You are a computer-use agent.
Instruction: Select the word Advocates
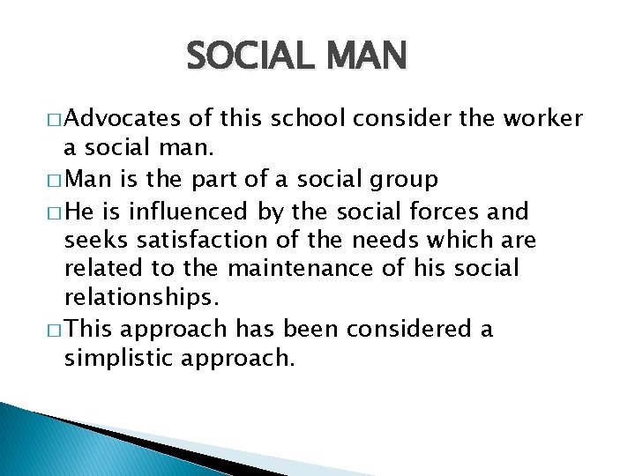(x=123, y=119)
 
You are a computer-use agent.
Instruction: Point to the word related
(x=99, y=269)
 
